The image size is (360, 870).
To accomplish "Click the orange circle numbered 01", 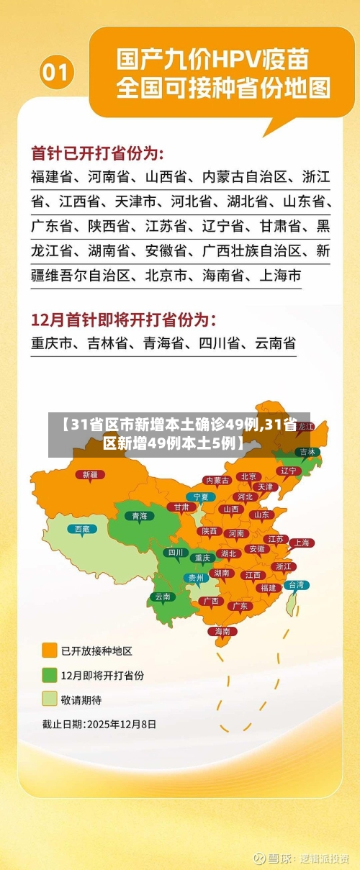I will coord(57,73).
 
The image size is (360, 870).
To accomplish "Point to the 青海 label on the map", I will coord(139,515).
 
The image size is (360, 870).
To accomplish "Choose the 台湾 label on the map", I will coord(296,585).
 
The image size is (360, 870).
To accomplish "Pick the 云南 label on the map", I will coord(163,596).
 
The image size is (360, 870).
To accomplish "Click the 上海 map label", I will coord(302,543).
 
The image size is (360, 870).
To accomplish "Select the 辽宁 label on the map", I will coord(288,470).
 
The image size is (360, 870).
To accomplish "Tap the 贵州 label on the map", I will coord(196,577).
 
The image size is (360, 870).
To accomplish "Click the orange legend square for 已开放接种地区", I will coord(50,651).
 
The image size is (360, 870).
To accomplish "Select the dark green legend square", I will coord(50,675).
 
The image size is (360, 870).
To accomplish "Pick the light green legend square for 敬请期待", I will coord(50,699).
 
